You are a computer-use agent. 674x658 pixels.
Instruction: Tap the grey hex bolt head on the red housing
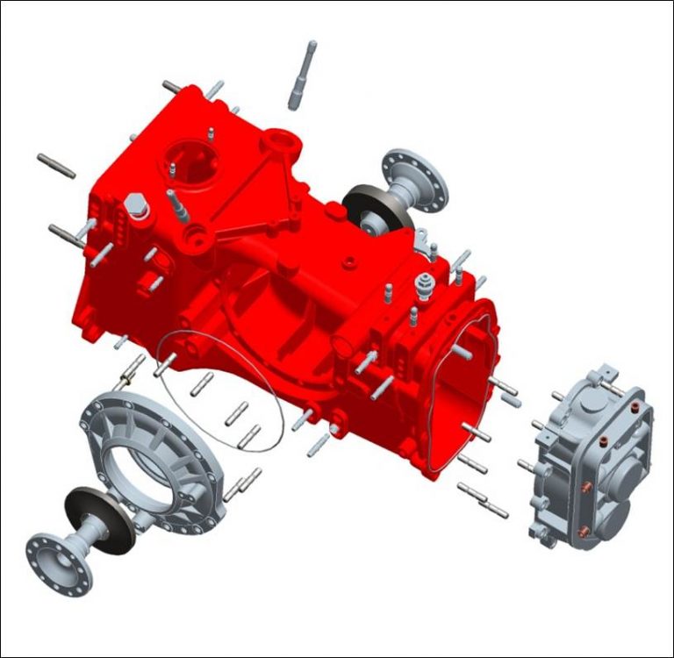coord(135,207)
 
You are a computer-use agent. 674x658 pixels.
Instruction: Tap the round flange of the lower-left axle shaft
coord(57,561)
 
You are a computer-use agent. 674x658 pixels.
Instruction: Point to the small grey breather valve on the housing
coord(426,284)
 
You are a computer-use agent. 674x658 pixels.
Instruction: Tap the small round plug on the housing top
coord(350,261)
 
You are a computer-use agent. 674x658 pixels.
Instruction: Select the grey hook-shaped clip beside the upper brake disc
coord(425,237)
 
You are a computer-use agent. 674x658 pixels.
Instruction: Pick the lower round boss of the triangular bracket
coord(195,234)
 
